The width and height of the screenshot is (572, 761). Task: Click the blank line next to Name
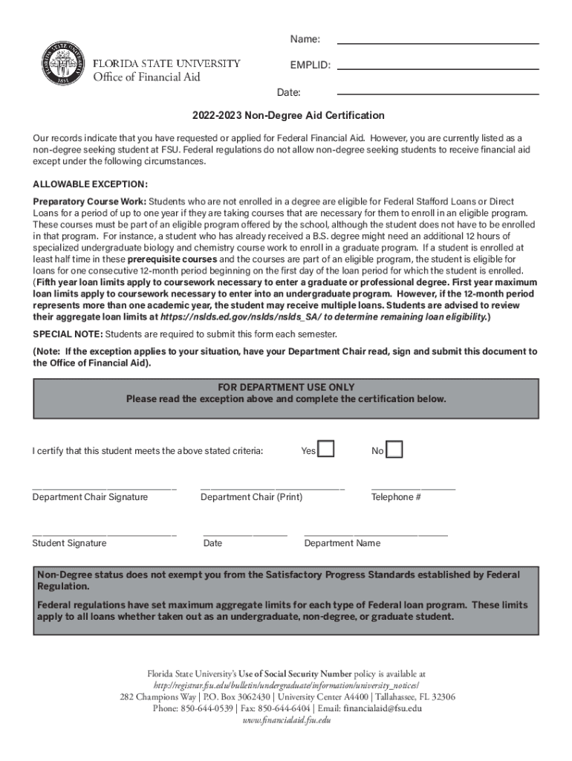click(438, 42)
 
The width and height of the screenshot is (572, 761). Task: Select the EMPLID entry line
click(438, 68)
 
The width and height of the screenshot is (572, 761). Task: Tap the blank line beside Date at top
click(438, 94)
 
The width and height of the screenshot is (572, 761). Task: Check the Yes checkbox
click(326, 450)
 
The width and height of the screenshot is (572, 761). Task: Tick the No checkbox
click(394, 450)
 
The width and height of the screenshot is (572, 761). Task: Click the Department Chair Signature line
click(104, 488)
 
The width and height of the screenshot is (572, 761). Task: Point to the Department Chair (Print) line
click(273, 488)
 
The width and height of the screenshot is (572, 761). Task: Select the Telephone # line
click(413, 488)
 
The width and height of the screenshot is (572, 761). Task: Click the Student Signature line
click(104, 534)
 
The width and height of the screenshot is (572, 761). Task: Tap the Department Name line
click(376, 534)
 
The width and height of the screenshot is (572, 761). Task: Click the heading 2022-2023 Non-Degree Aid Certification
click(288, 115)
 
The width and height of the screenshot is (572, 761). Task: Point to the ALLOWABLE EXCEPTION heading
click(90, 184)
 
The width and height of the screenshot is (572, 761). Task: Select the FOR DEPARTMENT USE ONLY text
click(286, 387)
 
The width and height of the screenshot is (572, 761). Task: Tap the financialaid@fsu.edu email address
click(382, 708)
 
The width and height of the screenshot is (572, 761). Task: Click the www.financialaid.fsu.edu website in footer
click(286, 720)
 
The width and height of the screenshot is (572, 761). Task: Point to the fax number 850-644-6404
click(285, 708)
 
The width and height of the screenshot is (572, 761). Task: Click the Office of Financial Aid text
click(146, 77)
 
